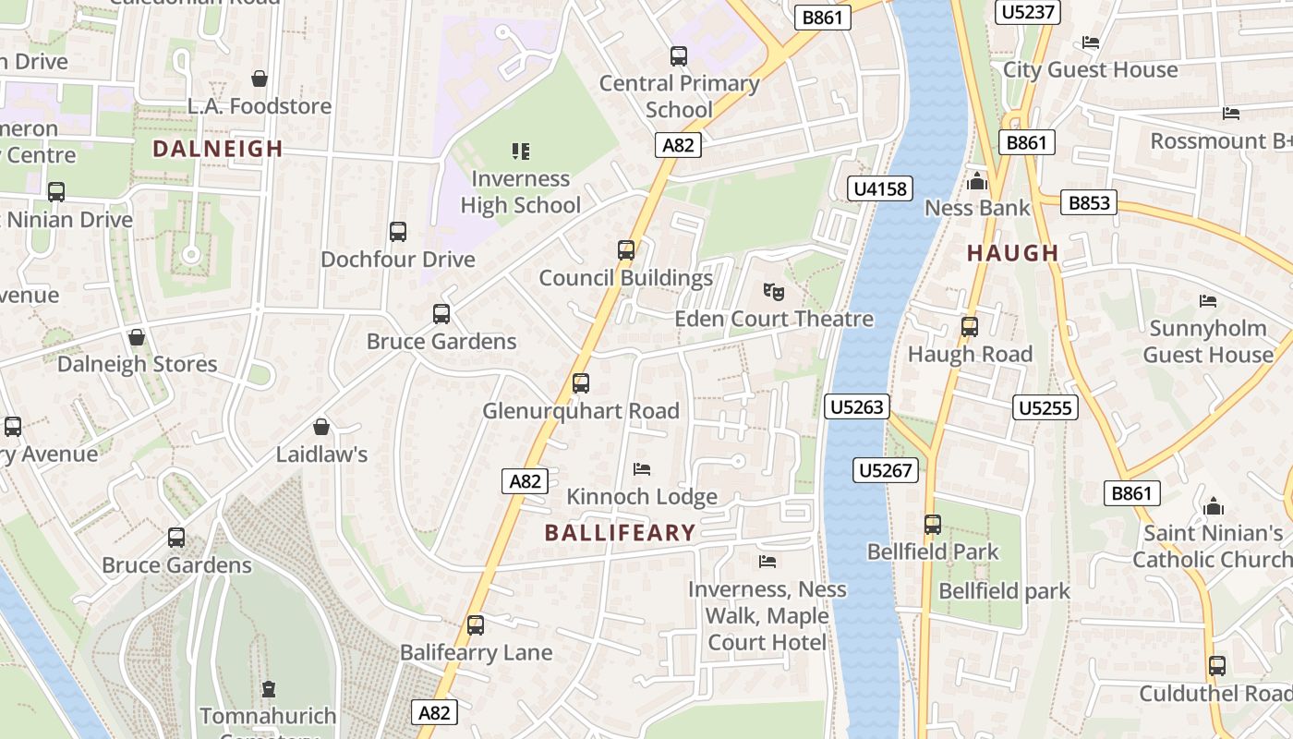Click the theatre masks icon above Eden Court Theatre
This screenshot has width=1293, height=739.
coord(774,292)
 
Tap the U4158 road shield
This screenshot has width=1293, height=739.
coord(880,189)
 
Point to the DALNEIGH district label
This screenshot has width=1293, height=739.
coord(217,149)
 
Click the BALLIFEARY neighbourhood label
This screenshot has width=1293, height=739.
coord(620,533)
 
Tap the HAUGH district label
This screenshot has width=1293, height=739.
coord(1012,253)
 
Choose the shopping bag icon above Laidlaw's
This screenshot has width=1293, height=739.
coord(321,427)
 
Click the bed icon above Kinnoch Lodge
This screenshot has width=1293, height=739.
coord(642,469)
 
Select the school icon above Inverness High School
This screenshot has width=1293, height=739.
coord(521,151)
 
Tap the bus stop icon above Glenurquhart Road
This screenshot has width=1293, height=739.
coord(581,382)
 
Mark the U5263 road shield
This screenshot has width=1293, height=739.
coord(857,406)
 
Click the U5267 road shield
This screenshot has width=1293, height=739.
coord(885,470)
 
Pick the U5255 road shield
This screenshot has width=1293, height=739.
coord(1045,407)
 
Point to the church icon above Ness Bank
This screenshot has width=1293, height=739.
coord(977,181)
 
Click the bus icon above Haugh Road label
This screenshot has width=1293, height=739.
coord(970,326)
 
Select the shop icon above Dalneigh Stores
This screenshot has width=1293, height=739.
coord(137,337)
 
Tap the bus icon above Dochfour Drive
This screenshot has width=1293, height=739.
coord(398,232)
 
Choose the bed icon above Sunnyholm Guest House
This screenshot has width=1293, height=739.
coord(1207,301)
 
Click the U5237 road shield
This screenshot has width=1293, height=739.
coord(1028,12)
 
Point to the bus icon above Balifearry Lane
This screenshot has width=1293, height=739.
coord(476,625)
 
